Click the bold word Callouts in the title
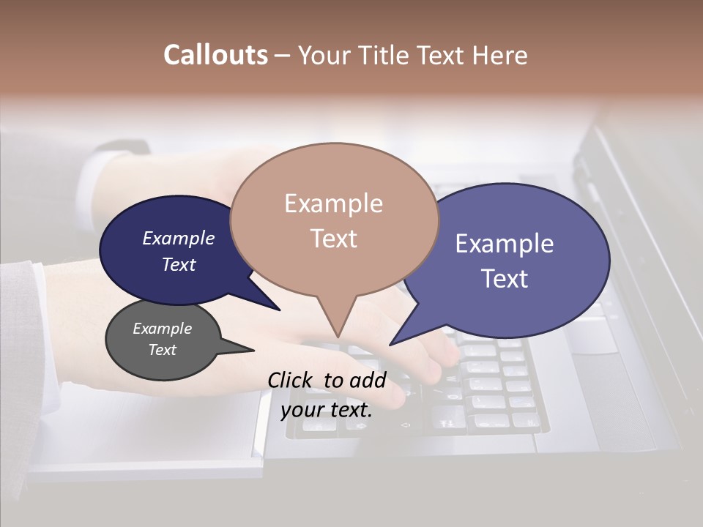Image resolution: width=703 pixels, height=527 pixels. click(x=215, y=55)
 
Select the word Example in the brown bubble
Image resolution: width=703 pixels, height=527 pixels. click(x=333, y=203)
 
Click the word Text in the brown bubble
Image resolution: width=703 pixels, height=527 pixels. click(x=333, y=239)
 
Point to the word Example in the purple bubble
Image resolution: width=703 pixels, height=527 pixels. click(x=504, y=244)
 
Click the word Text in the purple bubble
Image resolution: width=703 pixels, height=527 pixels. click(x=505, y=279)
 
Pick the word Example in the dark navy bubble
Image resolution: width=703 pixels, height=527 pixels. click(x=178, y=239)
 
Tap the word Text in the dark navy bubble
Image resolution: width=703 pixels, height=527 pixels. click(x=179, y=264)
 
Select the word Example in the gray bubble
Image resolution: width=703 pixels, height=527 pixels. click(x=162, y=329)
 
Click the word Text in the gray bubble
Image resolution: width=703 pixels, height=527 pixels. click(x=162, y=350)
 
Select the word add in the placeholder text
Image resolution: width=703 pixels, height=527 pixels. click(x=367, y=380)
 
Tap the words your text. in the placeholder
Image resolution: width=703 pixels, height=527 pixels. click(x=327, y=410)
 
